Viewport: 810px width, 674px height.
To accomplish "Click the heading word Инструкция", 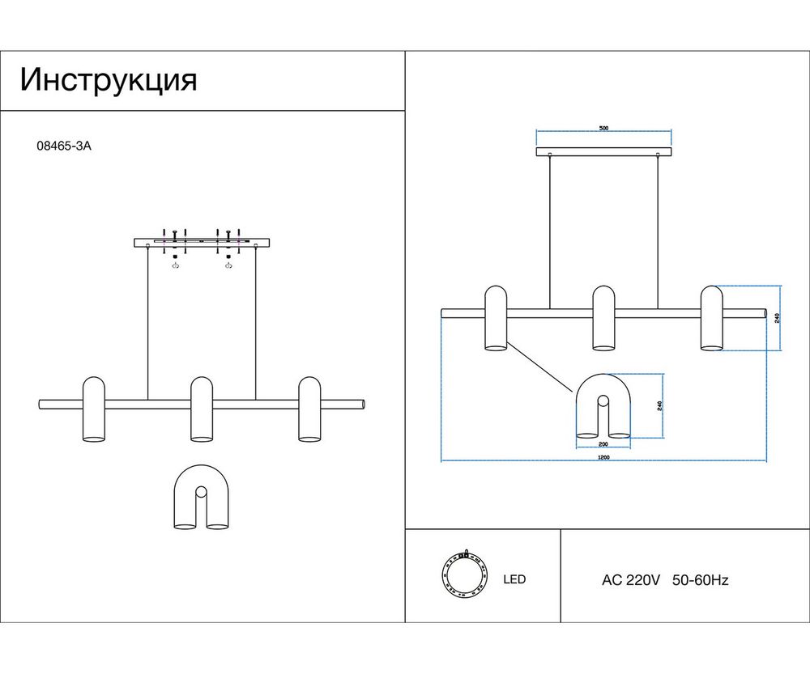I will tap(109, 81).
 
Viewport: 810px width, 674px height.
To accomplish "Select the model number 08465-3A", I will tap(60, 147).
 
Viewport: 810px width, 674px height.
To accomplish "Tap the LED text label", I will tap(514, 579).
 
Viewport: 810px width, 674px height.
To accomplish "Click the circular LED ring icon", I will tap(464, 576).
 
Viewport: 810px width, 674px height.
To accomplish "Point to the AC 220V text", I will tap(632, 580).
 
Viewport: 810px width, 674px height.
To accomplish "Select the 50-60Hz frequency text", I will tap(701, 580).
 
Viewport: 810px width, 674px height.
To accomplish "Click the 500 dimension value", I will tap(603, 129).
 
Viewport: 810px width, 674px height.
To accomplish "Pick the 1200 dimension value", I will tap(603, 457).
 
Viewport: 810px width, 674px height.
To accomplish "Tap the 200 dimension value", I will tap(603, 444).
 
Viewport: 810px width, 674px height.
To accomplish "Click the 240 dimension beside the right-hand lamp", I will tap(777, 318).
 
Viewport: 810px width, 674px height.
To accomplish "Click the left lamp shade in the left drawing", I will tap(94, 409).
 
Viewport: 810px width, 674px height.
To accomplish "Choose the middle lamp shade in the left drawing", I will tap(202, 409).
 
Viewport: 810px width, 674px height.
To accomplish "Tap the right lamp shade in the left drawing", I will tap(309, 409).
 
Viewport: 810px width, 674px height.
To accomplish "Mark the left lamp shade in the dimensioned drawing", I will tap(496, 318).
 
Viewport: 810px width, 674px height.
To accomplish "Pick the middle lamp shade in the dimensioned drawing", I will tap(603, 318).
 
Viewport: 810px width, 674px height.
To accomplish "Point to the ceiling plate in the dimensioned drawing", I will tap(603, 151).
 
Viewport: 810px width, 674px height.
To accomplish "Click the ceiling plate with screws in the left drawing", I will tap(202, 241).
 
